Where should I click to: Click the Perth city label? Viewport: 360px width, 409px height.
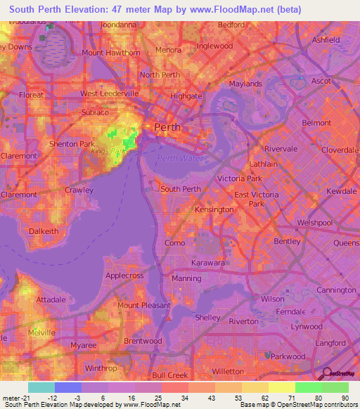point(167,128)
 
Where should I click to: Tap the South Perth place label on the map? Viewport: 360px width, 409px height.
point(181,188)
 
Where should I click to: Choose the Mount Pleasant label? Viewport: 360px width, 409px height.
point(143,305)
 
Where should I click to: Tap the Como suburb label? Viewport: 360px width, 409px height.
point(174,242)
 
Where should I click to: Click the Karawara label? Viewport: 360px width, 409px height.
point(208,263)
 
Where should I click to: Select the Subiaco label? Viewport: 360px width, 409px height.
point(95,112)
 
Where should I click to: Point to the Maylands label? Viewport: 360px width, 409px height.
point(245,84)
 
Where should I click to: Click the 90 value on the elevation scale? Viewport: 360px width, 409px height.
point(344,398)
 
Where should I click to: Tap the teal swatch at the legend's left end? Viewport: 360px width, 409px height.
point(41,387)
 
